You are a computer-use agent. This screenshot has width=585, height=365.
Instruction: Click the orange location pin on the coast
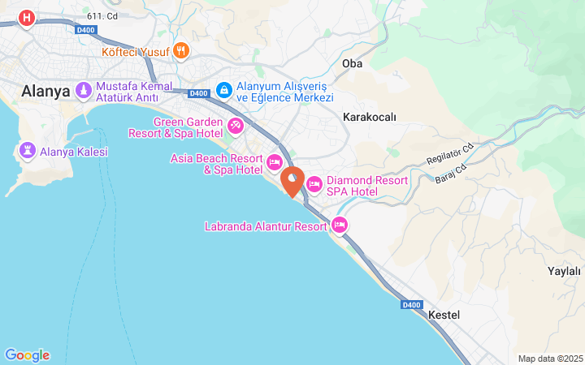[x=292, y=179]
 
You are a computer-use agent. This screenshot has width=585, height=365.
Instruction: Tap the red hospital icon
[x=27, y=17]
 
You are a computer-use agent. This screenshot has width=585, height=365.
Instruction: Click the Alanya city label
[x=46, y=91]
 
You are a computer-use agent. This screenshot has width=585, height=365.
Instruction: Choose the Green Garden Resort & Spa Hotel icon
[x=236, y=126]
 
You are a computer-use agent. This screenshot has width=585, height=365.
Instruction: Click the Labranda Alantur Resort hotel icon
[x=339, y=225]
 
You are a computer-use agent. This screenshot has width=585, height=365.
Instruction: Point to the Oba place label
[x=352, y=62]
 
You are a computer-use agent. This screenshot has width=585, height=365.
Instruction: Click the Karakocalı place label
[x=370, y=117]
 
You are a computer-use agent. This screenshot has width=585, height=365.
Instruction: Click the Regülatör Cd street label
[x=449, y=153]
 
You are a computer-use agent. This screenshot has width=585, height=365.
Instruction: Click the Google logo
[x=27, y=355]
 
